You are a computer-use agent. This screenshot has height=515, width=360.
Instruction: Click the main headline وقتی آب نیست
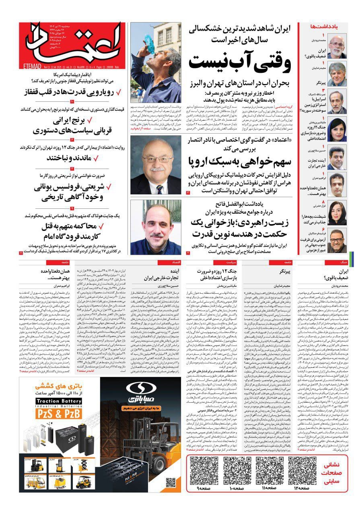pos(240,63)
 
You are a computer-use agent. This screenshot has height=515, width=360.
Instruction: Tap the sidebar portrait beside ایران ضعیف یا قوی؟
pos(337,47)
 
